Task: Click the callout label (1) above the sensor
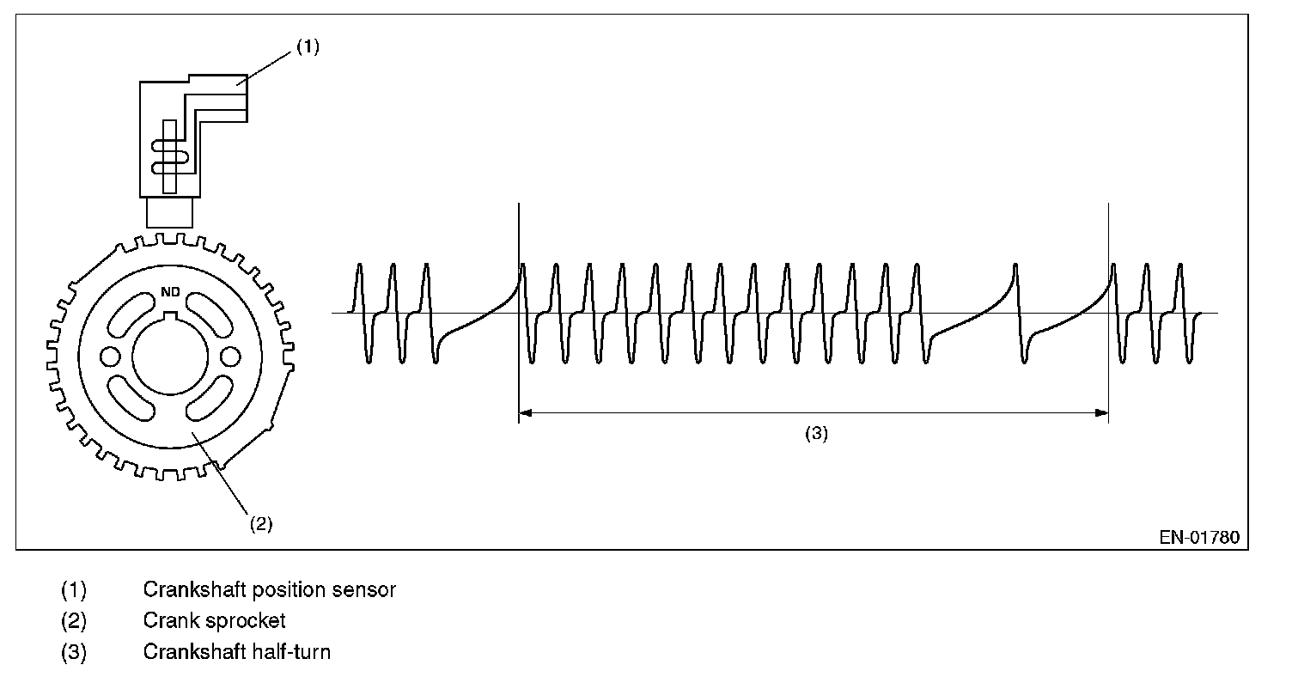(x=307, y=48)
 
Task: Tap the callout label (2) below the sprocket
(x=260, y=523)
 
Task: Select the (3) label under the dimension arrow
(x=815, y=434)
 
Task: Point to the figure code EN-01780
(x=1199, y=538)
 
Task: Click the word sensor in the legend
(x=366, y=590)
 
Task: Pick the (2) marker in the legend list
(x=74, y=620)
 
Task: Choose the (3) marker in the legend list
(x=74, y=651)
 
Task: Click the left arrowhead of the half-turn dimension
(x=527, y=413)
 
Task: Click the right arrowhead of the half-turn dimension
(x=1101, y=413)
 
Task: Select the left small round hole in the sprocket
(x=112, y=356)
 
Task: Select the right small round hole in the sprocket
(x=229, y=356)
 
